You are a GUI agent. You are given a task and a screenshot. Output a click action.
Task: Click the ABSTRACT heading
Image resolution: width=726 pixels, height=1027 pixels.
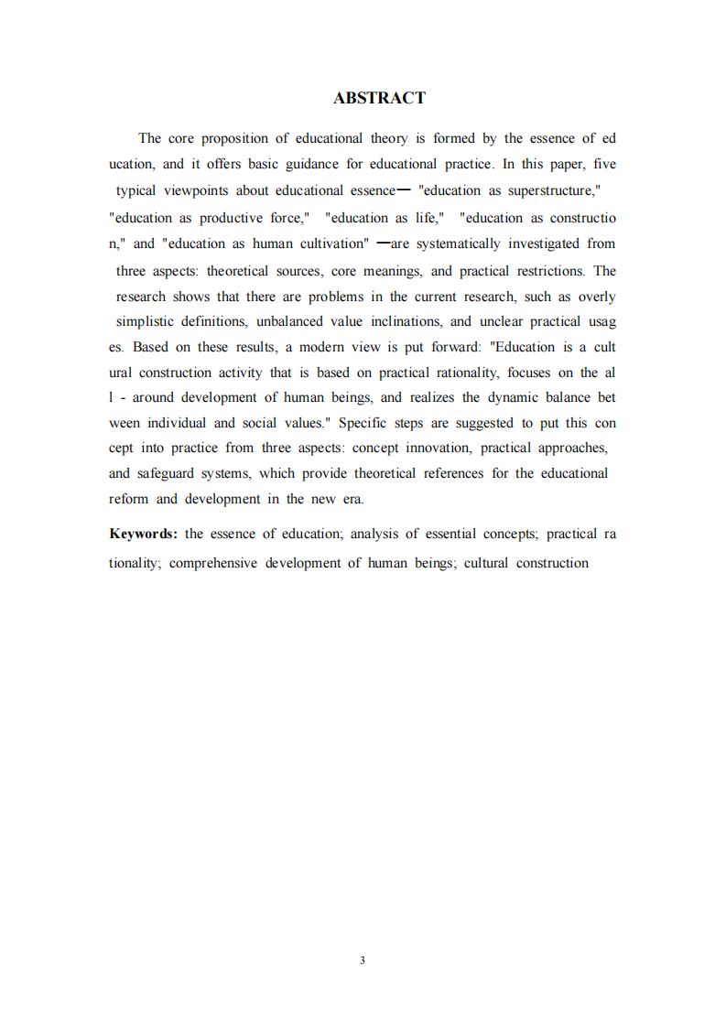click(x=379, y=98)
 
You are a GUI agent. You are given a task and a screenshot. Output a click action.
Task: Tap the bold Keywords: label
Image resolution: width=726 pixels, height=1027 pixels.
click(x=143, y=535)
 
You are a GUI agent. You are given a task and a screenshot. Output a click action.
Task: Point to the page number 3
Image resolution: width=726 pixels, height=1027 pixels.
click(x=363, y=960)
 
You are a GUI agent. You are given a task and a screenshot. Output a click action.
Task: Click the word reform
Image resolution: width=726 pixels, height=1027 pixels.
click(x=128, y=499)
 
